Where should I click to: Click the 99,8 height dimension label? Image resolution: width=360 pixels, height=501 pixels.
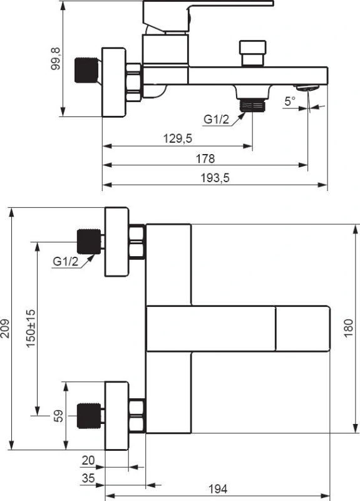(x=56, y=58)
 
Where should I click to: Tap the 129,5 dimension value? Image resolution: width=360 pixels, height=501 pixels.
(x=178, y=138)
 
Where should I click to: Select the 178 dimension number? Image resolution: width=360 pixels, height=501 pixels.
(x=205, y=158)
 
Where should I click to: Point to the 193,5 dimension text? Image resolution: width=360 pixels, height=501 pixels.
(x=215, y=178)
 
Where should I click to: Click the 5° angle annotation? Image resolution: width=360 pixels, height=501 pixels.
(x=290, y=101)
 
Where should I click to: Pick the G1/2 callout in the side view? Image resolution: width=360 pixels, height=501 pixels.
(x=216, y=120)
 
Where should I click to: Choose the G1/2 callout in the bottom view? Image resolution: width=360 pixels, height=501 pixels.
(x=66, y=261)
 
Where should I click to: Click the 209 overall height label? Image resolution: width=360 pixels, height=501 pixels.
(x=6, y=328)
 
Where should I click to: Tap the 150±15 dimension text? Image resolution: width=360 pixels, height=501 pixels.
(x=31, y=328)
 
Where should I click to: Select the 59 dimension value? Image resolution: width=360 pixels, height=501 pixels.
(x=58, y=416)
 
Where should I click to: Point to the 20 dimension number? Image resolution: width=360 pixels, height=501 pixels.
(x=88, y=460)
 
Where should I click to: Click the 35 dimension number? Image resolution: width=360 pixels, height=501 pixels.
(x=88, y=478)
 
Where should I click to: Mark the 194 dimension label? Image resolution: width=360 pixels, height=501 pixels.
(x=218, y=489)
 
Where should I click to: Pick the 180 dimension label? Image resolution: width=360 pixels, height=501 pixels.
(x=349, y=328)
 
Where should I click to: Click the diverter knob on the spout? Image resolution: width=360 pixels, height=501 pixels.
(x=253, y=53)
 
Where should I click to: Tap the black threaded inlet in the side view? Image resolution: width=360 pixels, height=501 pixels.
(x=86, y=70)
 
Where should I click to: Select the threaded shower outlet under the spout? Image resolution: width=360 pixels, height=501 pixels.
(x=252, y=105)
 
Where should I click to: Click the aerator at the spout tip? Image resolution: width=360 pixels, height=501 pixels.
(x=307, y=88)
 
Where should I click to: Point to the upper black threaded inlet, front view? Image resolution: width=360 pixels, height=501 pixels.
(x=89, y=242)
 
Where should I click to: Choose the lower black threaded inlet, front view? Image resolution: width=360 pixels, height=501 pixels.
(x=89, y=416)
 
